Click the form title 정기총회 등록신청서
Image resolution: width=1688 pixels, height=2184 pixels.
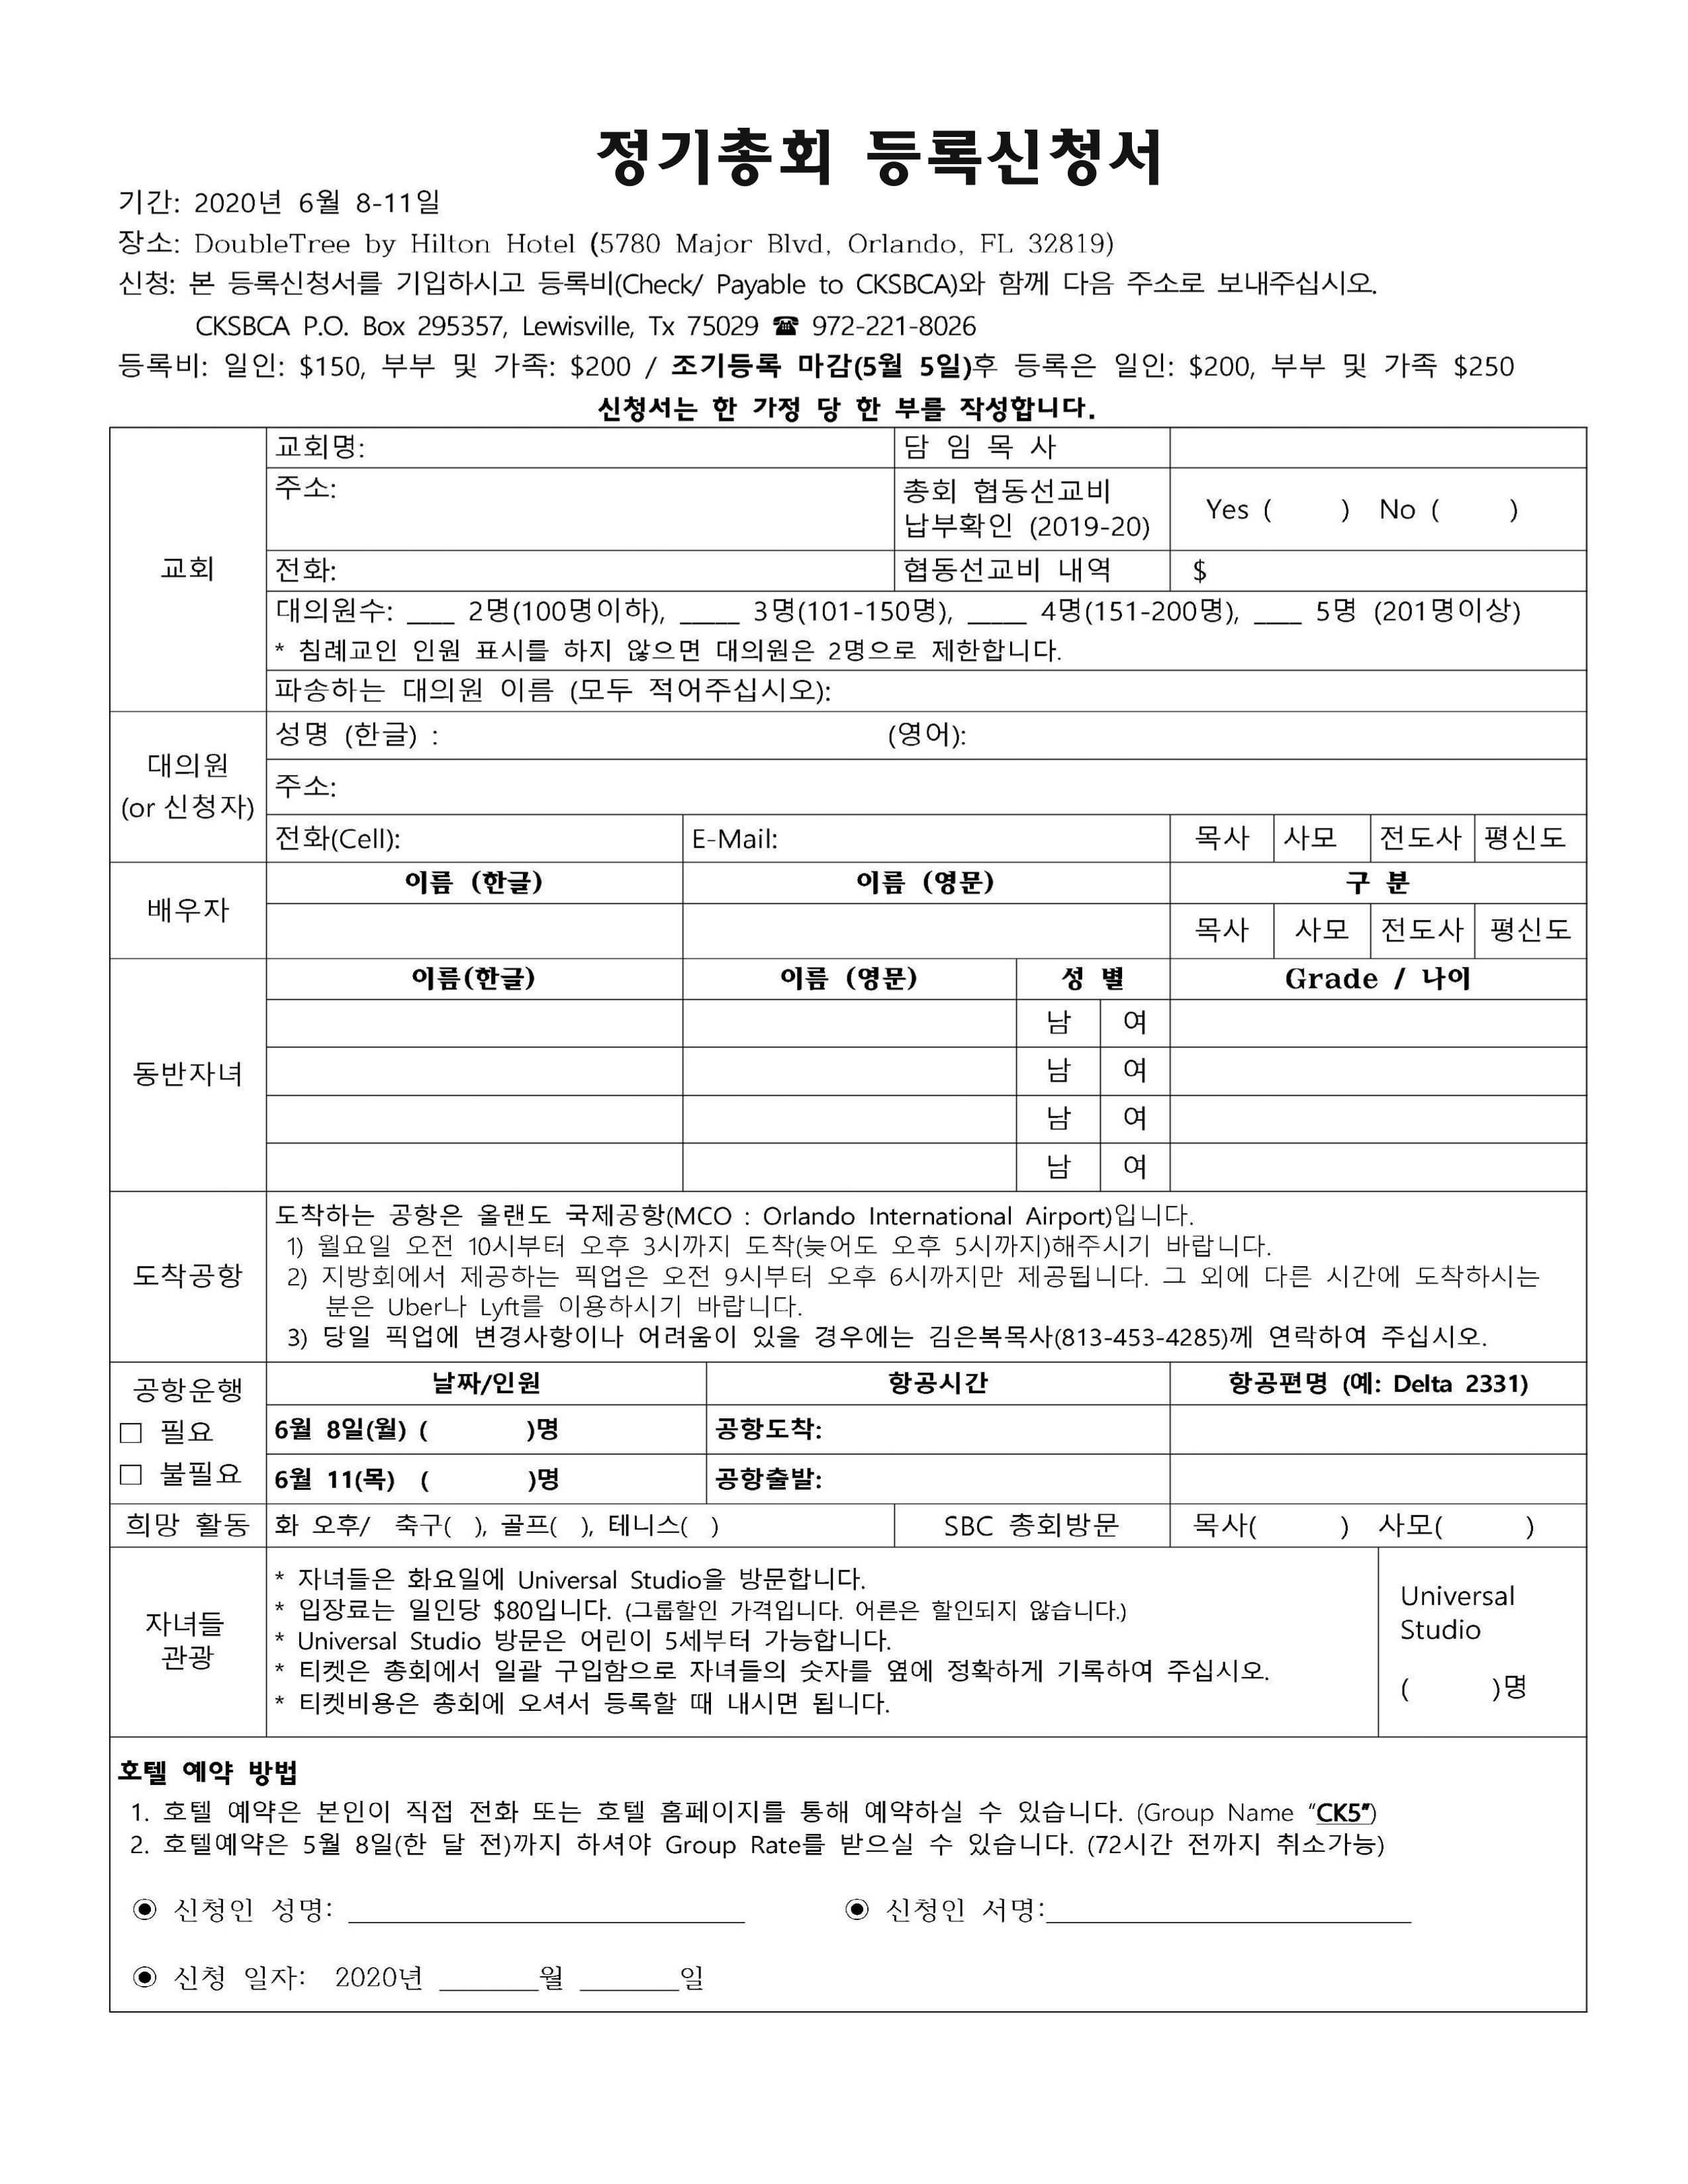pyautogui.click(x=880, y=158)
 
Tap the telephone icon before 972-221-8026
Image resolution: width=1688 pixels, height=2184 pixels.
pyautogui.click(x=786, y=326)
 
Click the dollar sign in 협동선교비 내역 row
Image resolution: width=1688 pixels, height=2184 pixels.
pyautogui.click(x=1200, y=571)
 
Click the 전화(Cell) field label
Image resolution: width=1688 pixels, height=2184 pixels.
pyautogui.click(x=337, y=838)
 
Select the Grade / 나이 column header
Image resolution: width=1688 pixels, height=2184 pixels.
pyautogui.click(x=1377, y=979)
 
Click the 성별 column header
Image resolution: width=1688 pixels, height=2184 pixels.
pyautogui.click(x=1092, y=979)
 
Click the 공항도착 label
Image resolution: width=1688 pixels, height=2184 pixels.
pyautogui.click(x=768, y=1430)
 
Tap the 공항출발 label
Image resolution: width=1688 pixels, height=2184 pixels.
pyautogui.click(x=768, y=1479)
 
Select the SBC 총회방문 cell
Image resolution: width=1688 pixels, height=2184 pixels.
pyautogui.click(x=1031, y=1526)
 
